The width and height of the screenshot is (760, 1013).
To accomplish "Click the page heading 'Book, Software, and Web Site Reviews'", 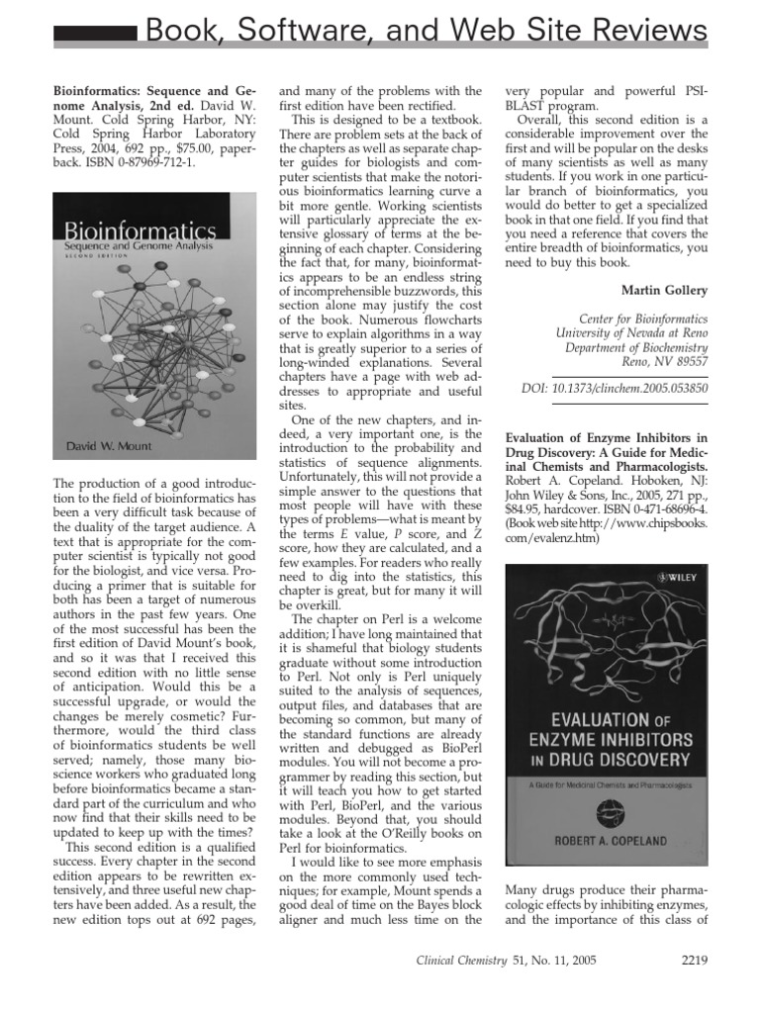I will pos(427,31).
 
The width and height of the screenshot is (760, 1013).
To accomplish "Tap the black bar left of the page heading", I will pos(94,36).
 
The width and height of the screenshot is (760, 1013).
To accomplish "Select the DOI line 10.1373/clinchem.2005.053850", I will pos(615,389).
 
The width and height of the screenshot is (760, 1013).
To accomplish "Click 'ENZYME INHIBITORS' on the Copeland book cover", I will pos(607,738).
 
